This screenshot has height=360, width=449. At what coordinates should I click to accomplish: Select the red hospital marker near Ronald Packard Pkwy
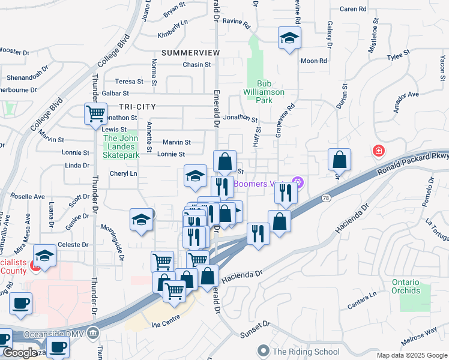coord(378,151)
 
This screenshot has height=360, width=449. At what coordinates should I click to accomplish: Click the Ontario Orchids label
coord(414,286)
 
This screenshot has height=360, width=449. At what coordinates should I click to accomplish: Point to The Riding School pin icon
coord(262,350)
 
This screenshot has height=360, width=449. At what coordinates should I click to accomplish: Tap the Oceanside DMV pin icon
coord(92,332)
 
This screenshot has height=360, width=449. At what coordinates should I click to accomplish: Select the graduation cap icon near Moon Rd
coord(289,39)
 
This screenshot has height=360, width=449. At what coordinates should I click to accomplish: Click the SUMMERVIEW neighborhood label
coord(191,53)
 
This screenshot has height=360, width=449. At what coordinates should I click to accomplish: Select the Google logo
coord(19,353)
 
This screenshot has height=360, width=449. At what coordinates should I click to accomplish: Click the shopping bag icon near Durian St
coord(339,159)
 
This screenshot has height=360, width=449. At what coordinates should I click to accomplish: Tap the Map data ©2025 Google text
coord(412,355)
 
